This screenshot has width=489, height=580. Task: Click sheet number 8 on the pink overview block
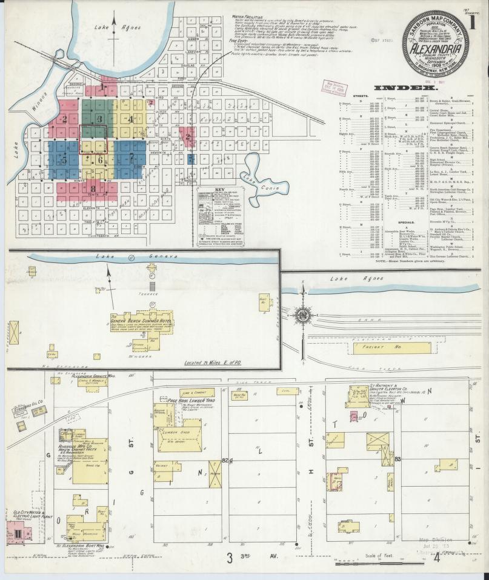(x=93, y=188)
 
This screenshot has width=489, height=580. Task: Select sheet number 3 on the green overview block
(x=99, y=118)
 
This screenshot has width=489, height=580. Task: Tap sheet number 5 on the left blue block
(x=63, y=160)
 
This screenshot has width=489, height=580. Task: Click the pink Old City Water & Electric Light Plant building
(x=17, y=535)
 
